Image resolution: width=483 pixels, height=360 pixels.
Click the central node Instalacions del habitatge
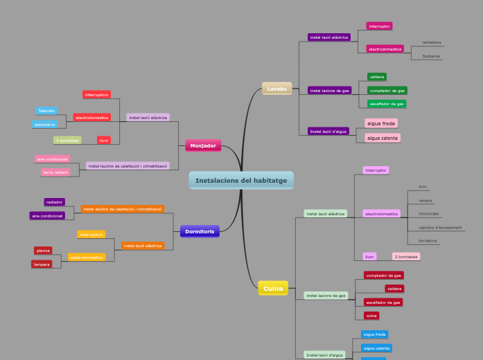241,181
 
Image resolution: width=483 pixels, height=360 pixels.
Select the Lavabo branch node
276,89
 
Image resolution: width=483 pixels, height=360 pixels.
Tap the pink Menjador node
203,145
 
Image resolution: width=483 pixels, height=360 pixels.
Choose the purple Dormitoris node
200,231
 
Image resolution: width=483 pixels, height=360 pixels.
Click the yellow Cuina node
273,288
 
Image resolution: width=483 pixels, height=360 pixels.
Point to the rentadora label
432,42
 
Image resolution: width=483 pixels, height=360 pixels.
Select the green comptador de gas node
387,91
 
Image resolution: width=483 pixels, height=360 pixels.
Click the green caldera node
377,77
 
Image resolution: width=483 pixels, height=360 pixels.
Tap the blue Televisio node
46,111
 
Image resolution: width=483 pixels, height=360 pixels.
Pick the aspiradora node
44,125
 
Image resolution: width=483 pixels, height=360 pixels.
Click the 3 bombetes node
67,141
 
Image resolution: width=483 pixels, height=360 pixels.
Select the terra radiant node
55,172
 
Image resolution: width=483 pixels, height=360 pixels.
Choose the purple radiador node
55,202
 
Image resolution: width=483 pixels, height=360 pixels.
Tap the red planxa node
43,251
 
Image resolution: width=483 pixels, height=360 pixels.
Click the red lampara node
42,264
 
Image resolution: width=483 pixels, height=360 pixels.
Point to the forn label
423,187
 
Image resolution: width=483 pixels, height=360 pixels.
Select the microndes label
429,214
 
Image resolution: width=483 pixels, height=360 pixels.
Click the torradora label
428,241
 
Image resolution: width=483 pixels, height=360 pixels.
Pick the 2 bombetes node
406,257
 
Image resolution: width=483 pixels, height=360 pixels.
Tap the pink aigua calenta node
383,138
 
